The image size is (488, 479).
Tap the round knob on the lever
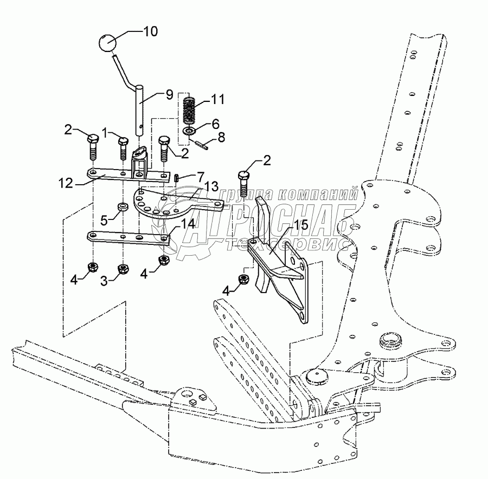108,43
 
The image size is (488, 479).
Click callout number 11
217,99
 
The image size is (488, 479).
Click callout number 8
220,138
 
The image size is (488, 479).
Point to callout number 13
211,186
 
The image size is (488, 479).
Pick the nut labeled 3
123,268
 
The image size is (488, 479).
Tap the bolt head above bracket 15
243,177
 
